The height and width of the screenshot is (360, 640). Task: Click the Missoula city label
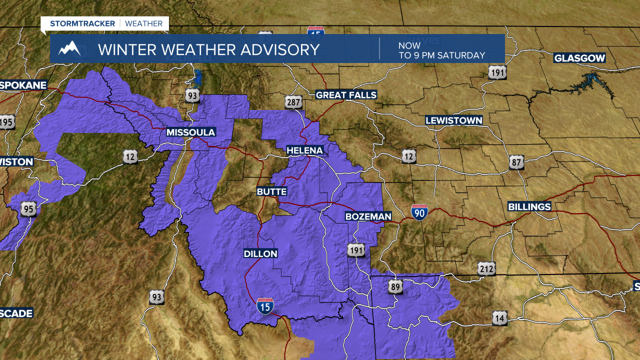coord(191,132)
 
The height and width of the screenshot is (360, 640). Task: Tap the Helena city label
coord(304,150)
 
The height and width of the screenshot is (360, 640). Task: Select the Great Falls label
coord(346,95)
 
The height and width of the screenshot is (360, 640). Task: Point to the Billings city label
coord(529,206)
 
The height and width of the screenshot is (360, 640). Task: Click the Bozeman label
coord(368,216)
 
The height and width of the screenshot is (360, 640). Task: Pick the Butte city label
coord(271,191)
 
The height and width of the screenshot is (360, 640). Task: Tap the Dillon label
coord(260,254)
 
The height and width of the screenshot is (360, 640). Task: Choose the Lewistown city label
coord(454,120)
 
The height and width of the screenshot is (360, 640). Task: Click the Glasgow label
coord(579,58)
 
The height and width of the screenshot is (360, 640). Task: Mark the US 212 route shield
coord(486,269)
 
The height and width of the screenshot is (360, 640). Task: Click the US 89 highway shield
coord(395,286)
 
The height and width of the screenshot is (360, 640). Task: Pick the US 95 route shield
coord(28,209)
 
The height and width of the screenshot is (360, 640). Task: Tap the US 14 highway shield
coord(499,317)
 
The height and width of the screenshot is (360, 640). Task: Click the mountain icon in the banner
coord(69,48)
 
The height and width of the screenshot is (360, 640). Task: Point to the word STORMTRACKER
coord(82,23)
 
